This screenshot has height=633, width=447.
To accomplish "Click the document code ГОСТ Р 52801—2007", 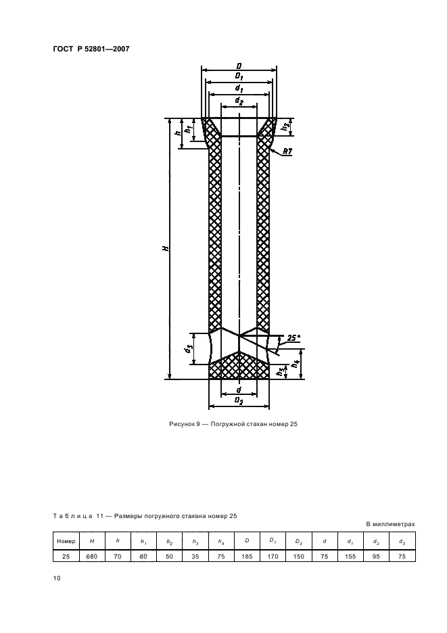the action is click(x=91, y=49).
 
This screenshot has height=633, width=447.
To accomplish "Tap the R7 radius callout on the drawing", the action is click(x=287, y=151).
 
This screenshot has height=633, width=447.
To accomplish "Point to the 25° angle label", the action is click(x=293, y=338).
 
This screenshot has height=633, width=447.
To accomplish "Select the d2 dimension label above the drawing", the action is click(x=239, y=100).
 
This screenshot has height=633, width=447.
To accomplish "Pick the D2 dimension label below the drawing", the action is click(x=239, y=401).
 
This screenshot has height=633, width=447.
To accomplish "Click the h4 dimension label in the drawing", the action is click(x=296, y=363).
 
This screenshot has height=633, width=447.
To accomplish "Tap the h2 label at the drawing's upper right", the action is click(x=285, y=126).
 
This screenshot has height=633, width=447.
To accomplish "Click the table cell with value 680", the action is click(x=92, y=556).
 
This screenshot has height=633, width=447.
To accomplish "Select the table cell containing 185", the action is click(x=247, y=556).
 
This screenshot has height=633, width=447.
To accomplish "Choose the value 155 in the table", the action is click(x=350, y=556).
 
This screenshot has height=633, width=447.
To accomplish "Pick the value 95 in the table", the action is click(x=376, y=556).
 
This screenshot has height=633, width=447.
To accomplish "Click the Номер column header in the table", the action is click(x=66, y=541).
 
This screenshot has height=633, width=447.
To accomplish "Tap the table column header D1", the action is click(x=273, y=541).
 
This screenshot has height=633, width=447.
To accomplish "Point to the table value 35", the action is click(x=195, y=556).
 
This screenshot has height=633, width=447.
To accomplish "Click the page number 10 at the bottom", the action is click(x=57, y=578).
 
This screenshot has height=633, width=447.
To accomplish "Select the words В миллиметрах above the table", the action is click(x=390, y=524).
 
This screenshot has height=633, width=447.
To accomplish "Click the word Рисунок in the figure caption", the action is click(x=181, y=424).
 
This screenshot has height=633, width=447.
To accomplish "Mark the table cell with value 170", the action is click(x=273, y=556).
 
